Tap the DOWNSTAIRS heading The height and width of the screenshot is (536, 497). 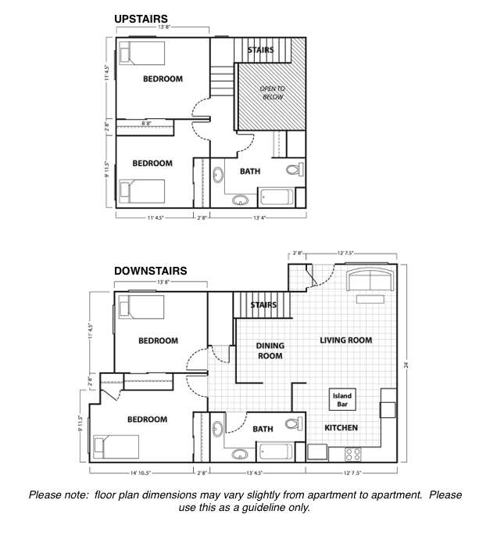click(151, 271)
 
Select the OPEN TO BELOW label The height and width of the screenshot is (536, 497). click(273, 93)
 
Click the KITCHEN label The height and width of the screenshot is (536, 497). click(341, 428)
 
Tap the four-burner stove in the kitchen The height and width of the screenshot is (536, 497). click(352, 453)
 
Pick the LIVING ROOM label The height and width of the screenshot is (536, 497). click(345, 340)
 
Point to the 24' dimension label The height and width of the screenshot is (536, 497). click(408, 363)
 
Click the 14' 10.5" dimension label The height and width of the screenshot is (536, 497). click(141, 473)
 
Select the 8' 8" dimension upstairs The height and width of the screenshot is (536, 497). click(146, 124)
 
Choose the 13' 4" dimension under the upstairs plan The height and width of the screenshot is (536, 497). click(259, 218)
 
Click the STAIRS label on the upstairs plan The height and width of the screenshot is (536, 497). click(260, 50)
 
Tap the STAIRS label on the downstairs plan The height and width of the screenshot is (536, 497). click(263, 305)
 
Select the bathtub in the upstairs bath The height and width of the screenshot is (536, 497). click(278, 197)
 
